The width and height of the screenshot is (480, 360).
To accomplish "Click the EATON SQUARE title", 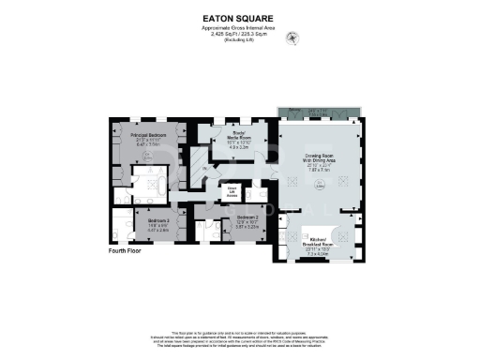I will coord(240,17).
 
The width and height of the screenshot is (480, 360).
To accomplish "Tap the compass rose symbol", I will coord(297,38).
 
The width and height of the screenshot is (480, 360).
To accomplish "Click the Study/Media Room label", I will coord(232,139).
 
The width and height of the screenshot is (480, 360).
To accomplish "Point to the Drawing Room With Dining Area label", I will coord(321,160).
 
